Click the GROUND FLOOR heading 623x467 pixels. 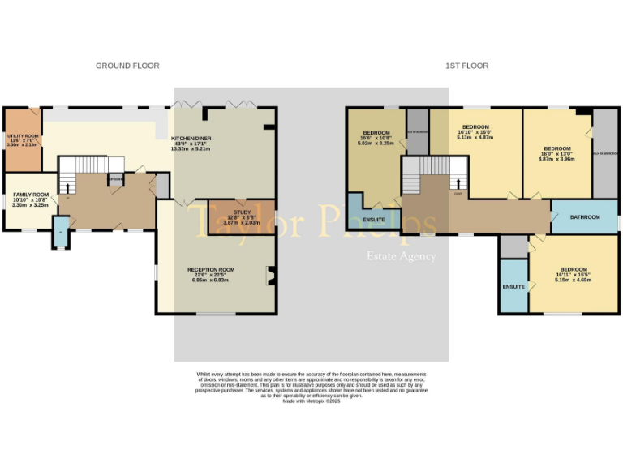pyautogui.click(x=127, y=66)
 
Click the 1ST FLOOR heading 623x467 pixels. pyautogui.click(x=466, y=66)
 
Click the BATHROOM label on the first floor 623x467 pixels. pyautogui.click(x=584, y=217)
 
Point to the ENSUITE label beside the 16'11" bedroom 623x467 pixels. pyautogui.click(x=513, y=287)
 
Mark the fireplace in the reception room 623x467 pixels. pyautogui.click(x=270, y=276)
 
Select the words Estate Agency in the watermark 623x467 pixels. pyautogui.click(x=402, y=256)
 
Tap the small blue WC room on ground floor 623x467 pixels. pyautogui.click(x=61, y=233)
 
